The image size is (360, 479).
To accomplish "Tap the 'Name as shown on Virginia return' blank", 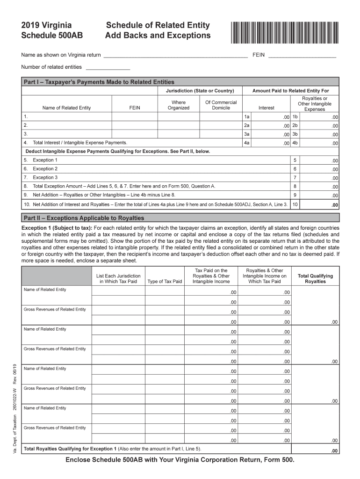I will pyautogui.click(x=175, y=55).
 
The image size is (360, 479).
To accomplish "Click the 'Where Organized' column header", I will pyautogui.click(x=179, y=105).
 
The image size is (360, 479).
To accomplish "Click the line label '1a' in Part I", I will pyautogui.click(x=247, y=116).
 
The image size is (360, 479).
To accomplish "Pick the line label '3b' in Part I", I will pyautogui.click(x=295, y=134).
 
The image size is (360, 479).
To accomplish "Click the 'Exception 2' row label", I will pyautogui.click(x=45, y=169).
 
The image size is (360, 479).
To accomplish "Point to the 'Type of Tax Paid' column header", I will pyautogui.click(x=165, y=282).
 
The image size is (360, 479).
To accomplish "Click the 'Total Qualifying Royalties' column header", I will pyautogui.click(x=315, y=279).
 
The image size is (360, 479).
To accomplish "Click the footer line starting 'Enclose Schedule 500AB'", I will pyautogui.click(x=180, y=460).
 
